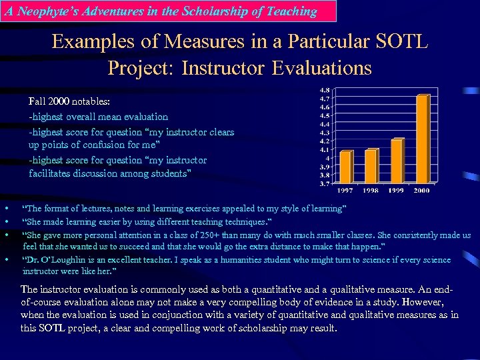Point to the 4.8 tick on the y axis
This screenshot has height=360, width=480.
click(x=325, y=89)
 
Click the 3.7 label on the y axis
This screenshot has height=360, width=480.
click(x=325, y=183)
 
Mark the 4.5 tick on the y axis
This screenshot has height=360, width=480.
click(x=325, y=115)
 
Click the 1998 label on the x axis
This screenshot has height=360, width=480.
click(x=371, y=191)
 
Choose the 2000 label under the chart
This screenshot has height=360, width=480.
click(x=422, y=191)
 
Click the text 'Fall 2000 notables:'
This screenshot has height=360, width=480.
click(x=69, y=102)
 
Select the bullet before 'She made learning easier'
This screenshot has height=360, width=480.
click(x=5, y=221)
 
